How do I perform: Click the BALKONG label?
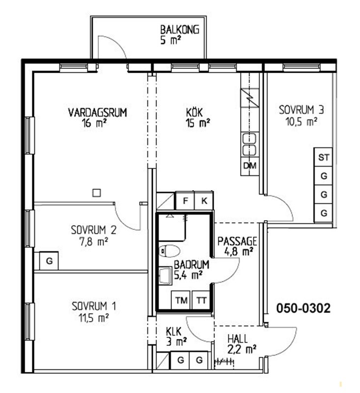tap(180, 29)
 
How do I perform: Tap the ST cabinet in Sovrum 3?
tap(324, 157)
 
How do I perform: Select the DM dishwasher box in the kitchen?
tap(250, 166)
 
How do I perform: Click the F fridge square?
tap(185, 200)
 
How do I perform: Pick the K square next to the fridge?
tap(204, 200)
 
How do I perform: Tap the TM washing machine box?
tap(181, 300)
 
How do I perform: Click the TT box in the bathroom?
tap(201, 300)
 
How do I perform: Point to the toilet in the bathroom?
tap(169, 251)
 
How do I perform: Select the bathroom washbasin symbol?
tap(166, 276)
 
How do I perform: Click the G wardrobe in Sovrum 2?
tap(49, 261)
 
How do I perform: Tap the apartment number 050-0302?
tap(304, 308)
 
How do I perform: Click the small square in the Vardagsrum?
tap(97, 193)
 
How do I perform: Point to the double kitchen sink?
tap(249, 144)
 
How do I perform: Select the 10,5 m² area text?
tap(302, 122)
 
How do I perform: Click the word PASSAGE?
tap(237, 241)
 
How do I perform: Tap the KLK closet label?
tap(173, 332)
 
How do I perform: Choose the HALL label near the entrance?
tap(238, 339)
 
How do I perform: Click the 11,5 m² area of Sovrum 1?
tap(93, 318)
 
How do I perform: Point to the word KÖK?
tap(194, 112)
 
